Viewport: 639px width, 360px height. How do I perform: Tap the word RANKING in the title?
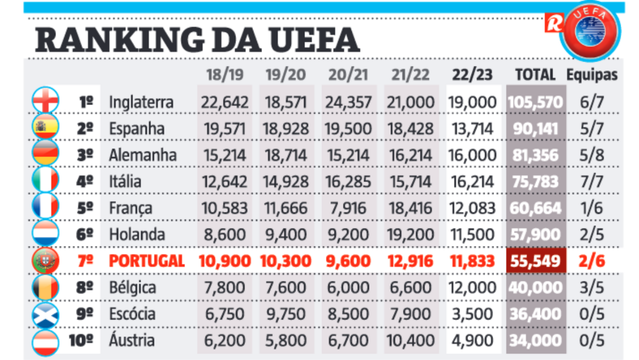tap(114, 40)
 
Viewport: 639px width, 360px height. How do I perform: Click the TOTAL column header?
tap(535, 75)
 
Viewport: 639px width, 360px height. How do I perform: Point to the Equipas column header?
tap(592, 75)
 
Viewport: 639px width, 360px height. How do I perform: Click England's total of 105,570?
tap(536, 102)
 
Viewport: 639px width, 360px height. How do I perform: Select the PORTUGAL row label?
tap(146, 261)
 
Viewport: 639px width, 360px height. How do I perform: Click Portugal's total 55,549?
tap(536, 261)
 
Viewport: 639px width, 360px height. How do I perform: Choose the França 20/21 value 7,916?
tap(349, 208)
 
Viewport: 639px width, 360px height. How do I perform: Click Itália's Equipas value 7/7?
tap(592, 182)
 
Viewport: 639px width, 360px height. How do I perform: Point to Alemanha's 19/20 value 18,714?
tap(286, 155)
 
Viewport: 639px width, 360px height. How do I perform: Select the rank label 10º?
tap(81, 340)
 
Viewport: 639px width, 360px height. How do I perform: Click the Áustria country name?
tap(132, 340)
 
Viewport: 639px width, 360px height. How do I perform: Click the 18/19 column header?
tap(224, 75)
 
